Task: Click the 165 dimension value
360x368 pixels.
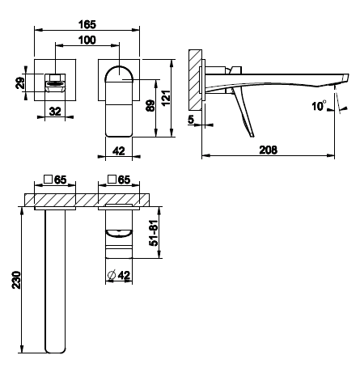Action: [x=87, y=24]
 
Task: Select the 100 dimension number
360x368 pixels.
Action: [x=87, y=40]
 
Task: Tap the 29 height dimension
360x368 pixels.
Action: [x=20, y=82]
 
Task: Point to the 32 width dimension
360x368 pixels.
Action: [x=55, y=111]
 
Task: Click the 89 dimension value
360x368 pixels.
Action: [x=150, y=106]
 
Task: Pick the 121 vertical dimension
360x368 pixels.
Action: [x=166, y=98]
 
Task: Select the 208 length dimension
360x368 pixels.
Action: [x=268, y=150]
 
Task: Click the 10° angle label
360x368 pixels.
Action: [x=319, y=106]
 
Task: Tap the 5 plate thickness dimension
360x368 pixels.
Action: [x=191, y=119]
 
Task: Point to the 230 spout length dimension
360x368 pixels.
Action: [x=17, y=280]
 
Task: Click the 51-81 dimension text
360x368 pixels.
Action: [x=154, y=234]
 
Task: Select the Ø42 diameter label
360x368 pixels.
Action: [x=119, y=275]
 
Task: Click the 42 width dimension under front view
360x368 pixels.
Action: [x=119, y=150]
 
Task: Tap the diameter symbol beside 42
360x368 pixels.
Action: [x=112, y=275]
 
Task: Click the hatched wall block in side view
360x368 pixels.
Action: [x=196, y=79]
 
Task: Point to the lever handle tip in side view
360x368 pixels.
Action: [x=252, y=136]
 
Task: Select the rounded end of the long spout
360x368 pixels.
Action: [x=55, y=350]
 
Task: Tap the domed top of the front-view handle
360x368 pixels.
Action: [x=119, y=71]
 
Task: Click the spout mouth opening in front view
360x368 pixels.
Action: [x=55, y=84]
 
